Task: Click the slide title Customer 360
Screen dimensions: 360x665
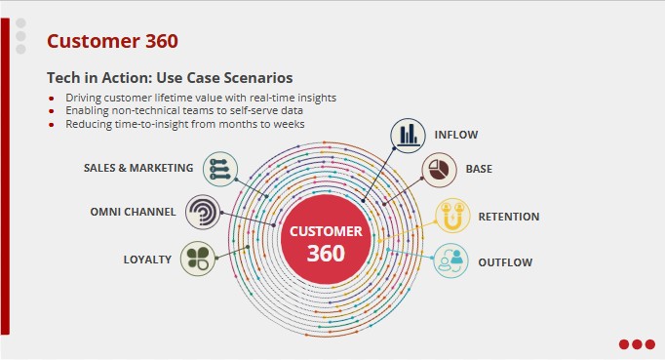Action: (112, 41)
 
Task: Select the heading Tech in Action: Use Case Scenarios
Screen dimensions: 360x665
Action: (170, 77)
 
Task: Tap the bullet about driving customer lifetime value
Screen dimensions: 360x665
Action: (201, 99)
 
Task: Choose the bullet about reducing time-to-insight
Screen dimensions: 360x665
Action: (185, 124)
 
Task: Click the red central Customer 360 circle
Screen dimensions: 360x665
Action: (326, 242)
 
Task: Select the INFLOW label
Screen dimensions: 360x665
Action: (456, 134)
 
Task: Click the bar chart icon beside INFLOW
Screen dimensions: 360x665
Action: (409, 135)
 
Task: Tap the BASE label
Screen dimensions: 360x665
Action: (479, 169)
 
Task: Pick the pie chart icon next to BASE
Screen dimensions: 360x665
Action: (440, 170)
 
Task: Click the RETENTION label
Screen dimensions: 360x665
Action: (508, 217)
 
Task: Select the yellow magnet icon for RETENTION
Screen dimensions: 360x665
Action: (451, 216)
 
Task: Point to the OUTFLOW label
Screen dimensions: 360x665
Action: (505, 262)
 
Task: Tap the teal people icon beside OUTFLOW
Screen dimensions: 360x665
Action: (450, 260)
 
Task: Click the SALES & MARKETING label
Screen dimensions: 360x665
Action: (138, 168)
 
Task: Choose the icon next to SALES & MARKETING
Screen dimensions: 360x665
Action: (220, 169)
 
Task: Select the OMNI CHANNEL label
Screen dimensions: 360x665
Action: (133, 212)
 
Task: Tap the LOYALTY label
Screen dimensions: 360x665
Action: (147, 260)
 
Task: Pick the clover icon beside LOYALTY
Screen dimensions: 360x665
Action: (198, 260)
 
